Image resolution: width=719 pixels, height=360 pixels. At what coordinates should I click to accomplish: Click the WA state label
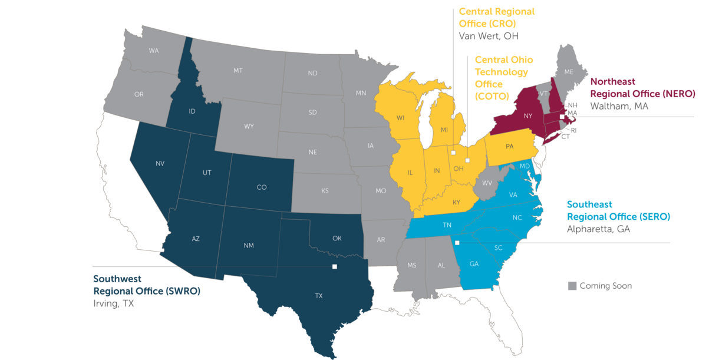pyautogui.click(x=154, y=51)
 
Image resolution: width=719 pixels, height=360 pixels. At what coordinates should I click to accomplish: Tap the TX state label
pyautogui.click(x=319, y=296)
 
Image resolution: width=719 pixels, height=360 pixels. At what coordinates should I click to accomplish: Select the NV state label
pyautogui.click(x=160, y=163)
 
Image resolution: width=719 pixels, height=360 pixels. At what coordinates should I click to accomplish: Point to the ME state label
pyautogui.click(x=569, y=71)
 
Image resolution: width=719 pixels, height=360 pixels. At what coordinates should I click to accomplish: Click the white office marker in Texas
pyautogui.click(x=335, y=267)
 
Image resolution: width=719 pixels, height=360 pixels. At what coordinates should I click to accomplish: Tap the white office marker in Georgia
pyautogui.click(x=456, y=243)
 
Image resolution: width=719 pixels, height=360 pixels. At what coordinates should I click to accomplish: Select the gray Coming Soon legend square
pyautogui.click(x=572, y=286)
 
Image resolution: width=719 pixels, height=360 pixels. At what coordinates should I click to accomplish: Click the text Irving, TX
pyautogui.click(x=114, y=304)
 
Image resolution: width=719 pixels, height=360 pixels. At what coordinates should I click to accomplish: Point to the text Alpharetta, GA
pyautogui.click(x=598, y=229)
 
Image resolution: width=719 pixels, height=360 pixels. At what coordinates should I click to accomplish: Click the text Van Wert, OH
pyautogui.click(x=489, y=36)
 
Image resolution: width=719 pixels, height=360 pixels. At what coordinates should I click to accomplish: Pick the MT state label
pyautogui.click(x=238, y=71)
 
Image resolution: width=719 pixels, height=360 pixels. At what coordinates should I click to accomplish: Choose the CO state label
pyautogui.click(x=262, y=187)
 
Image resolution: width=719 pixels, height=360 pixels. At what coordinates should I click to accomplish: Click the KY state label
pyautogui.click(x=456, y=202)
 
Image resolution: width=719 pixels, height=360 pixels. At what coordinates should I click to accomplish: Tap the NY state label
pyautogui.click(x=528, y=116)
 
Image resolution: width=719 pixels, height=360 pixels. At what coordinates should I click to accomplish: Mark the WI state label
pyautogui.click(x=400, y=118)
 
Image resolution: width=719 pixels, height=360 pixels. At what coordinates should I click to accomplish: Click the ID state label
pyautogui.click(x=192, y=111)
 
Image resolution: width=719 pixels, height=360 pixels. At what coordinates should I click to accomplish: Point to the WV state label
pyautogui.click(x=487, y=183)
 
